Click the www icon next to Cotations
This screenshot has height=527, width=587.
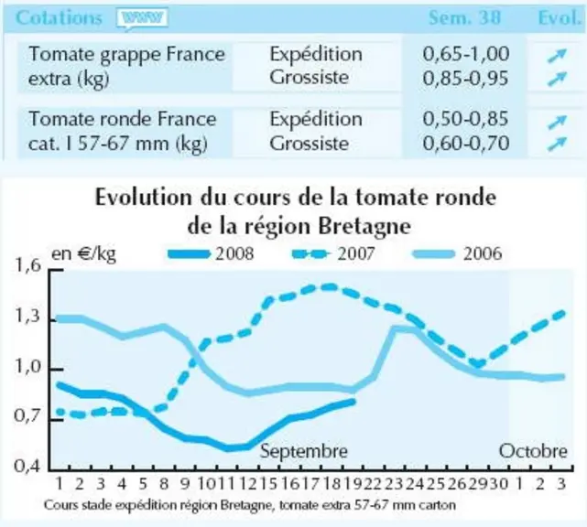[x=142, y=18]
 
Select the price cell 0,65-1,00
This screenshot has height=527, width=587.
[x=466, y=53]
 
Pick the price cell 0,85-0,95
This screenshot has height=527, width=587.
[x=466, y=78]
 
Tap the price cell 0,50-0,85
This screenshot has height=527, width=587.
[x=466, y=119]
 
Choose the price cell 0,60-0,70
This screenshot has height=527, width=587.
[x=466, y=144]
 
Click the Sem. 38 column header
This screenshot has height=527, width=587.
[x=464, y=17]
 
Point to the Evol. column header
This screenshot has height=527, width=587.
[x=560, y=17]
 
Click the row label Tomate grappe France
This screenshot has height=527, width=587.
[x=127, y=55]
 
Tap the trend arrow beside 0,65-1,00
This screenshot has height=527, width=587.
[x=557, y=56]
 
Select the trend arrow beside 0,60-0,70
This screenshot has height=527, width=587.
[x=557, y=144]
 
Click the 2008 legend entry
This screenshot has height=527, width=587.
[x=211, y=254]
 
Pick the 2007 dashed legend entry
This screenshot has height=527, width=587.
[x=333, y=254]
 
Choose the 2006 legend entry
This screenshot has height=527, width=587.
[x=457, y=254]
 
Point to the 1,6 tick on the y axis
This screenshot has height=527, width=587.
[x=27, y=266]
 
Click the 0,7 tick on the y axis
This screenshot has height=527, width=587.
[x=27, y=415]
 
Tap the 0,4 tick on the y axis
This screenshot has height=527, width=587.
[x=27, y=466]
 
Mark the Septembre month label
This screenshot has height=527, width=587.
[x=304, y=451]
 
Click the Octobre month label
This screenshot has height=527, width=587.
[x=533, y=451]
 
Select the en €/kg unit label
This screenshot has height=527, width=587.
[x=83, y=254]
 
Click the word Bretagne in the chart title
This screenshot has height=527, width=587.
[x=364, y=227]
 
